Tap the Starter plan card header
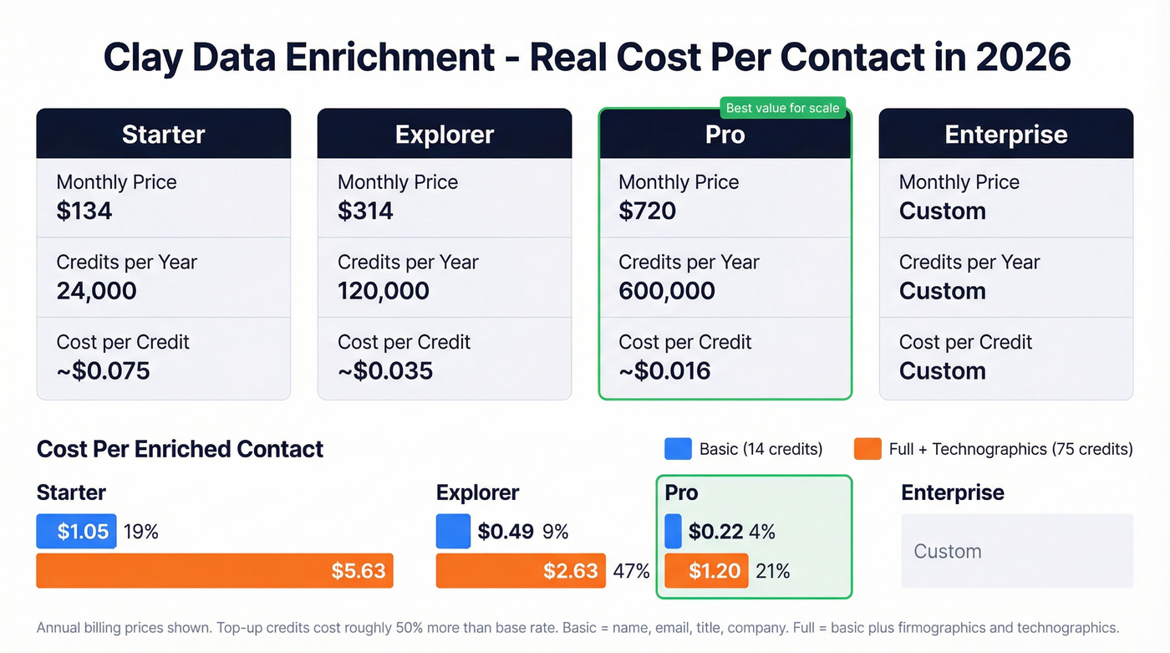pos(164,134)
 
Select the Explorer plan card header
pos(445,134)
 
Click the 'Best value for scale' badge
pos(782,108)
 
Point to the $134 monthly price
pos(84,211)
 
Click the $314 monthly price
pos(365,211)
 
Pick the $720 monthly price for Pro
pos(647,211)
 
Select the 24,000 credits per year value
pos(96,291)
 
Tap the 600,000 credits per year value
pos(667,291)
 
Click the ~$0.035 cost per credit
pos(385,370)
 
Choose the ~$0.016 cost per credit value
pos(664,370)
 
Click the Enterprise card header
pos(1006,134)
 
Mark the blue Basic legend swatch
pos(678,449)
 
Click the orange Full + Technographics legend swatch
pos(867,449)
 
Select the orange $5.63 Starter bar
pos(215,571)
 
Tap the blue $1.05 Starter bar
pos(76,532)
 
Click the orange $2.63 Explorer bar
pos(521,571)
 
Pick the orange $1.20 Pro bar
pos(706,571)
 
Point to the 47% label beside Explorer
pos(632,571)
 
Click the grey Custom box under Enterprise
pos(1017,551)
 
